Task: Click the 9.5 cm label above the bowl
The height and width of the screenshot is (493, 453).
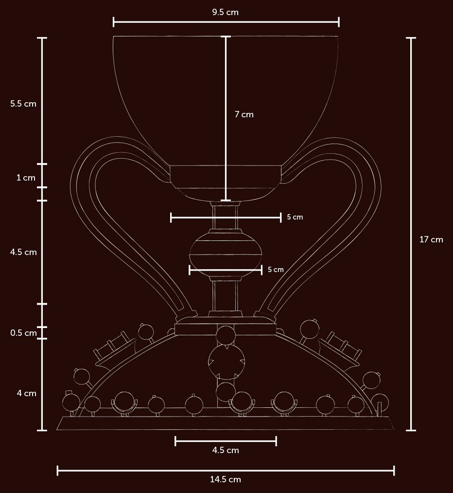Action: [225, 12]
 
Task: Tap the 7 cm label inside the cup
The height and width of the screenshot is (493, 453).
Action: [244, 114]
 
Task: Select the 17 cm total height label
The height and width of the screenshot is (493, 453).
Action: [431, 239]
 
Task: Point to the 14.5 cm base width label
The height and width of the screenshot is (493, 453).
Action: [225, 479]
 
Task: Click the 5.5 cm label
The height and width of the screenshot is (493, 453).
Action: [23, 104]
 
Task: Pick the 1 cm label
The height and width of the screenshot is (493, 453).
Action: [26, 178]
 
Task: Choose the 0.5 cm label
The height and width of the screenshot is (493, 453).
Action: [23, 333]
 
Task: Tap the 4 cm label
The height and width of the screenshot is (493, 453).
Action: [26, 393]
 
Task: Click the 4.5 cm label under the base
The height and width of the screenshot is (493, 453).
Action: [226, 450]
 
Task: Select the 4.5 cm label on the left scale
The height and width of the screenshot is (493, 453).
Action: [23, 252]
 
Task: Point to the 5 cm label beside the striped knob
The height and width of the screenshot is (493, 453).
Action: [276, 269]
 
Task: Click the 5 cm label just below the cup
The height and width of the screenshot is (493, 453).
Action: [295, 217]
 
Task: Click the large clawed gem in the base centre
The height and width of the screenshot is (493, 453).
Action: [226, 362]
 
